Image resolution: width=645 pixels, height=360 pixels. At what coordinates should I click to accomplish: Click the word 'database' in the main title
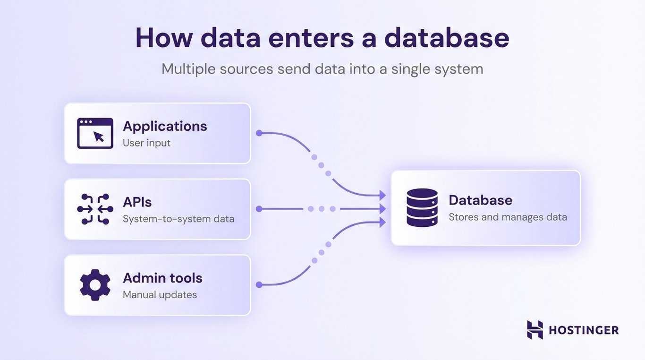[x=447, y=38]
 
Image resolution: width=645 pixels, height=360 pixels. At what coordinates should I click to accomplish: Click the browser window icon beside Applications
[x=95, y=133]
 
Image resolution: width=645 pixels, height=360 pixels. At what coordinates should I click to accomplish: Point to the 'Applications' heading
[x=165, y=126]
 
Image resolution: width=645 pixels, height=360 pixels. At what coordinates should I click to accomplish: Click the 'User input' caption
[x=146, y=143]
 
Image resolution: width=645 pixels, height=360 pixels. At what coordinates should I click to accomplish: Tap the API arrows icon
[x=95, y=209]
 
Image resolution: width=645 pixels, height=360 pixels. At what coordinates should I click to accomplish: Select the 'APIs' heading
[x=137, y=202]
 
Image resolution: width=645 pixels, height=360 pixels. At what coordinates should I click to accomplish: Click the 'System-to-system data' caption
[x=178, y=219]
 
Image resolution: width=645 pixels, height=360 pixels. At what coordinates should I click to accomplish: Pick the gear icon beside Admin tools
[x=95, y=285]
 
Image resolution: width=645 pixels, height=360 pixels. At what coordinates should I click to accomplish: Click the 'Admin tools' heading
[x=162, y=278]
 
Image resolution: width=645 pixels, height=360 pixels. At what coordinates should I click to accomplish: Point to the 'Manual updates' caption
[x=160, y=295]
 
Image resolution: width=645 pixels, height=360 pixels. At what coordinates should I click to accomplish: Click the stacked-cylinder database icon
[x=422, y=208]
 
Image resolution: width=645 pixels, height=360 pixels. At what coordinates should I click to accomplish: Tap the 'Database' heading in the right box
[x=480, y=200]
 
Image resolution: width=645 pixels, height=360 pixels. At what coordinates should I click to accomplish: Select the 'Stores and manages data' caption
[x=508, y=217]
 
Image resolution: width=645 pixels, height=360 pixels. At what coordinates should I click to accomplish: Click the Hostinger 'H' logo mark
[x=535, y=330]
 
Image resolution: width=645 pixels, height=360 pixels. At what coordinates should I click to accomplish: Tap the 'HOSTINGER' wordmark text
[x=584, y=330]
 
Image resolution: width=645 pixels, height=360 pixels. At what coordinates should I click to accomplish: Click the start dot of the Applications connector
[x=259, y=133]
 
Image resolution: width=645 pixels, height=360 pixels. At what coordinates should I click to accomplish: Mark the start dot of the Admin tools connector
[x=259, y=285]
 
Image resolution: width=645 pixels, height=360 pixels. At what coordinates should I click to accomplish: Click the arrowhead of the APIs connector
[x=382, y=209]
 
